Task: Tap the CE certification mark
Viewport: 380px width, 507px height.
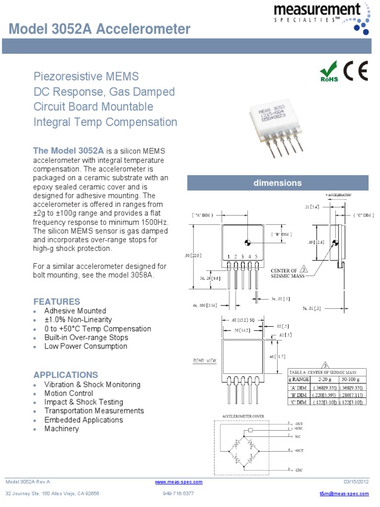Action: pos(356,72)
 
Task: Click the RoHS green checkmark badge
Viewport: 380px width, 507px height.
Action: pos(329,72)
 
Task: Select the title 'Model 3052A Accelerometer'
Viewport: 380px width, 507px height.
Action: pos(99,29)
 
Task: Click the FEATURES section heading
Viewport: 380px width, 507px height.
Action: pos(56,302)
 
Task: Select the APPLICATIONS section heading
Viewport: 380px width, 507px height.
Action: pos(65,375)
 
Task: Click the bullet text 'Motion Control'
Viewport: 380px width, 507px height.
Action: pos(68,393)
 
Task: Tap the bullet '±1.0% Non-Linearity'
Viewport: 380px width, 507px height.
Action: pos(78,320)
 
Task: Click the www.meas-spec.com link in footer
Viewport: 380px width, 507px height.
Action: pos(179,482)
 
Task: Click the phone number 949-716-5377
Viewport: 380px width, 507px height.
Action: pos(178,494)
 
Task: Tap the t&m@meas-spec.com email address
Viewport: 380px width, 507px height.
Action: pos(344,494)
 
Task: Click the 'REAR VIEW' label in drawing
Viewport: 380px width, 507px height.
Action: pos(204,360)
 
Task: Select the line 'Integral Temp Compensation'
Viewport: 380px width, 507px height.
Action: pos(105,122)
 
